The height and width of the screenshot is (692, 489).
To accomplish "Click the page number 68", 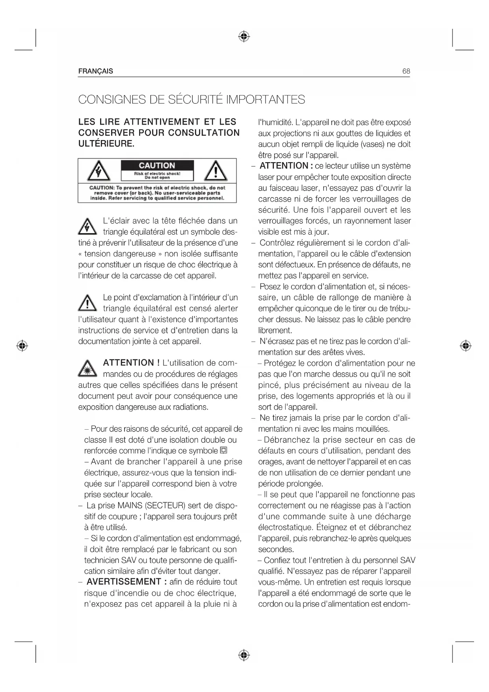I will click(406, 71).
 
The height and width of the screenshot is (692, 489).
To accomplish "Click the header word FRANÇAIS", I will click(95, 71).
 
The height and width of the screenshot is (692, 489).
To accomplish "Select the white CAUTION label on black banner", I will click(157, 166).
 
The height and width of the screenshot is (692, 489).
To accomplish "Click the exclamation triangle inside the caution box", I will click(215, 171).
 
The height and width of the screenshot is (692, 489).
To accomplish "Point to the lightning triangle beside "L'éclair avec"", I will click(87, 226).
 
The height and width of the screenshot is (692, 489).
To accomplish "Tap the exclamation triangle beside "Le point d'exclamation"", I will click(87, 303).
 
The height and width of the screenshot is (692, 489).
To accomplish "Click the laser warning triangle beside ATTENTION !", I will click(87, 368).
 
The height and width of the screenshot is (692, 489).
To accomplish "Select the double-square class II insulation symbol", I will click(223, 451).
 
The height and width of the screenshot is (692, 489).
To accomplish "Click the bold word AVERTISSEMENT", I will click(124, 582).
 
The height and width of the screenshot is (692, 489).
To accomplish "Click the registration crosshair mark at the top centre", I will click(244, 37).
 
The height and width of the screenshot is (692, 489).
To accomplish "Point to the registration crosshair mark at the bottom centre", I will click(244, 655).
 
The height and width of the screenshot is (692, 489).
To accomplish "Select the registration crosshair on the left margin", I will click(22, 346).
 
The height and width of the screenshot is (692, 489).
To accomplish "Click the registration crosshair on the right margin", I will click(466, 346).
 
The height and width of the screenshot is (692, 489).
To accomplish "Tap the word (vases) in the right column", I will click(373, 144).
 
